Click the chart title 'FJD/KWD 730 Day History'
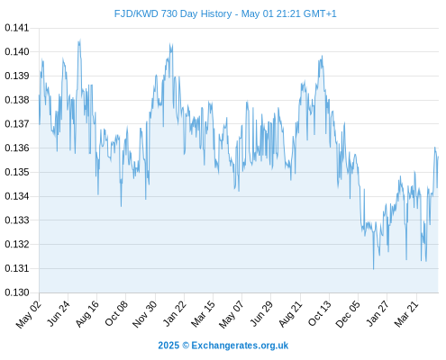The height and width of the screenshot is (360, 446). pyautogui.click(x=173, y=13)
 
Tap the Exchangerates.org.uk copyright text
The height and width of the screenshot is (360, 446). pyautogui.click(x=223, y=346)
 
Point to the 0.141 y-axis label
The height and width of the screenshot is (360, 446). pyautogui.click(x=17, y=28)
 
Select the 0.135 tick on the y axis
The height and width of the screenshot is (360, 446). pyautogui.click(x=17, y=172)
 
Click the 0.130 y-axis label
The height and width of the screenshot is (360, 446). pyautogui.click(x=17, y=292)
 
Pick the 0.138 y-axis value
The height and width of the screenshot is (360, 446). pyautogui.click(x=17, y=100)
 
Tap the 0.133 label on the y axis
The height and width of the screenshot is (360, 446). pyautogui.click(x=17, y=220)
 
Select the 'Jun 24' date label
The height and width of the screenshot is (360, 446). pyautogui.click(x=59, y=313)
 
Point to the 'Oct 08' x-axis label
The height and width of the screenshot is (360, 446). pyautogui.click(x=116, y=313)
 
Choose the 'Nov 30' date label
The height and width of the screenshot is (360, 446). pyautogui.click(x=145, y=314)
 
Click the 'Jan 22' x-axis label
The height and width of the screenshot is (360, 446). pyautogui.click(x=175, y=313)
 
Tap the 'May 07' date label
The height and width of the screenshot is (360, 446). pyautogui.click(x=231, y=314)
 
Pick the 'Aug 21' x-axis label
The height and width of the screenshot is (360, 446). pyautogui.click(x=290, y=313)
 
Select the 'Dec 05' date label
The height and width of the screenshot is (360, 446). pyautogui.click(x=348, y=314)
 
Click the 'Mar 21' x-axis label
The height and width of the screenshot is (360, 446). pyautogui.click(x=406, y=314)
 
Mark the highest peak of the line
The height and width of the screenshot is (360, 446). pyautogui.click(x=80, y=40)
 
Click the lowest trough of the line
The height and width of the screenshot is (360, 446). pyautogui.click(x=373, y=269)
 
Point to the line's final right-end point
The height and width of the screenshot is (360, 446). pyautogui.click(x=438, y=157)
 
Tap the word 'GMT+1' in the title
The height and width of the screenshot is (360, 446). pyautogui.click(x=320, y=13)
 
